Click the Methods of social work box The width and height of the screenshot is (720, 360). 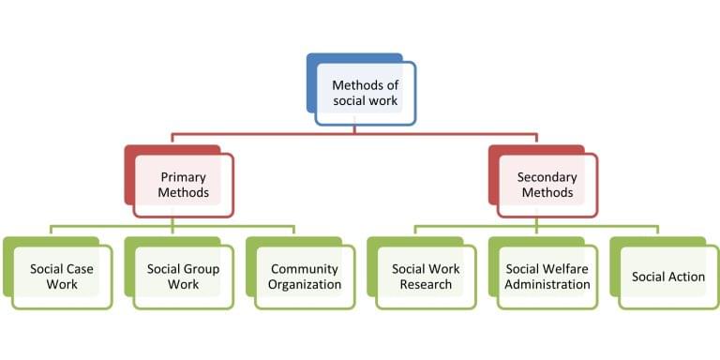366,93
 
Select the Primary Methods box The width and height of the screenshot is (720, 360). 184,185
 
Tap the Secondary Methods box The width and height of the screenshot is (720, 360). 547,185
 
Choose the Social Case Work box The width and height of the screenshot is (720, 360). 62,277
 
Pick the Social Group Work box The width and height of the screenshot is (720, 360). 184,277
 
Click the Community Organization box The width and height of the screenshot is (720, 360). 305,277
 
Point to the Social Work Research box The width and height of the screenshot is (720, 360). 427,277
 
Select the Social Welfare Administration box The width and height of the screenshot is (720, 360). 547,277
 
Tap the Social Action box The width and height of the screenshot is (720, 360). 668,277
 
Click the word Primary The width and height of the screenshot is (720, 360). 184,176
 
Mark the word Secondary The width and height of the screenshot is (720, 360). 547,176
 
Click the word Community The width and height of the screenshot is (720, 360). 305,269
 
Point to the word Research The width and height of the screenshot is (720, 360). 427,285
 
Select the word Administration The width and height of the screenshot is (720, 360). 547,285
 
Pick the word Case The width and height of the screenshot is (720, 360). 82,269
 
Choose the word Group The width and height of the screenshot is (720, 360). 202,269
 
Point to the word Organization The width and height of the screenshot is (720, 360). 305,285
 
